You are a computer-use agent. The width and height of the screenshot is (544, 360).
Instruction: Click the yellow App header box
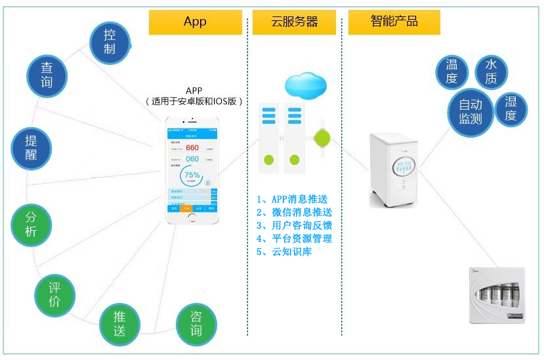click(195, 22)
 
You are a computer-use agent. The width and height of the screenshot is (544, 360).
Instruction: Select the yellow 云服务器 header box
click(295, 22)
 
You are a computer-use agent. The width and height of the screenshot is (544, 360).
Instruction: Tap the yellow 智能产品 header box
click(394, 22)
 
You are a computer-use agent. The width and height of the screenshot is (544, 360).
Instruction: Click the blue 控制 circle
click(110, 42)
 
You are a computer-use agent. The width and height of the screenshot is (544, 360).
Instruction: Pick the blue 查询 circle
click(47, 75)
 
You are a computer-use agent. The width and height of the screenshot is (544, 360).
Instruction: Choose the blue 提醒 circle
click(31, 148)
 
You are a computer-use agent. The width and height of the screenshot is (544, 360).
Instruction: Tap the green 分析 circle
click(31, 225)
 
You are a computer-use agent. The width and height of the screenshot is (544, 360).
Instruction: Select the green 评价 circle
click(54, 294)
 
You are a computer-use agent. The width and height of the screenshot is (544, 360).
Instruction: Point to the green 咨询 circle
click(196, 323)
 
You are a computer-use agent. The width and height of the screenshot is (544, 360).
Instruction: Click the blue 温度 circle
click(451, 71)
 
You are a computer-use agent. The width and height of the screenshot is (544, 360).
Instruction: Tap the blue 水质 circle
click(491, 71)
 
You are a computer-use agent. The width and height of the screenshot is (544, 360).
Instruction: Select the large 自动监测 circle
click(470, 111)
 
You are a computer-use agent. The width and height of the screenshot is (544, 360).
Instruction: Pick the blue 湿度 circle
click(511, 109)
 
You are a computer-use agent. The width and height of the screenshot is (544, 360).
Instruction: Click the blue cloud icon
click(305, 85)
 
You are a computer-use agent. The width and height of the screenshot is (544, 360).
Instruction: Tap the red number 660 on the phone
click(192, 148)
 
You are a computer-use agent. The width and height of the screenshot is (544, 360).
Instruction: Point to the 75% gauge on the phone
click(192, 176)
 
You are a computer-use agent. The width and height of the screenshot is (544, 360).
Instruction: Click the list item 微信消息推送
click(294, 212)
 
